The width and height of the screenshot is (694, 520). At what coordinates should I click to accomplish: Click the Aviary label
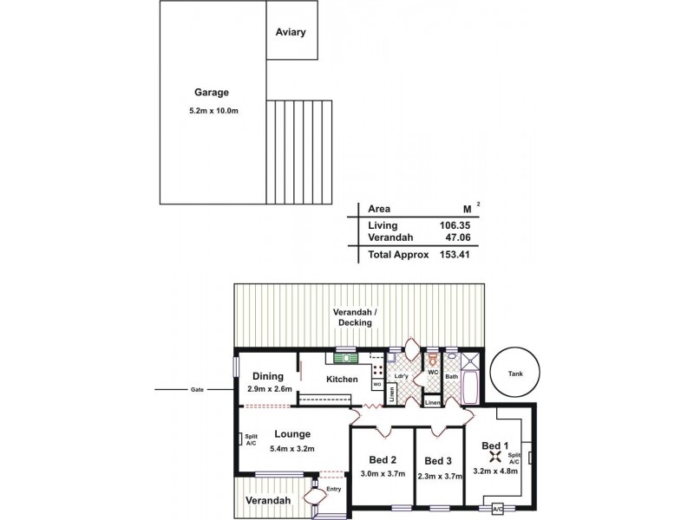pyautogui.click(x=291, y=32)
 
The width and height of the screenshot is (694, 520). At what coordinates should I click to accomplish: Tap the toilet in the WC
pyautogui.click(x=433, y=360)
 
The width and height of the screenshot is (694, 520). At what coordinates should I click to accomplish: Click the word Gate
pyautogui.click(x=197, y=390)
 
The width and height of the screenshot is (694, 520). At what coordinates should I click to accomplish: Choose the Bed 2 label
pyautogui.click(x=382, y=459)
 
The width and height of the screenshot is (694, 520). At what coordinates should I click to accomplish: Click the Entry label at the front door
pyautogui.click(x=333, y=490)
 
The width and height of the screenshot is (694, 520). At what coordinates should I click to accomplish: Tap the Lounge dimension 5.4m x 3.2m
pyautogui.click(x=291, y=448)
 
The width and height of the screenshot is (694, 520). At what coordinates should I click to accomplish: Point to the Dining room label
pyautogui.click(x=267, y=376)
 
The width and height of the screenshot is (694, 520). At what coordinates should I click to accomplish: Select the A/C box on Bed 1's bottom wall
pyautogui.click(x=498, y=509)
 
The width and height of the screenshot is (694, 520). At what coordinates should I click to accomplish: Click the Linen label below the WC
pyautogui.click(x=432, y=403)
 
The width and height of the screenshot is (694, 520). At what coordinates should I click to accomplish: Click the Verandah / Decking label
pyautogui.click(x=357, y=316)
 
